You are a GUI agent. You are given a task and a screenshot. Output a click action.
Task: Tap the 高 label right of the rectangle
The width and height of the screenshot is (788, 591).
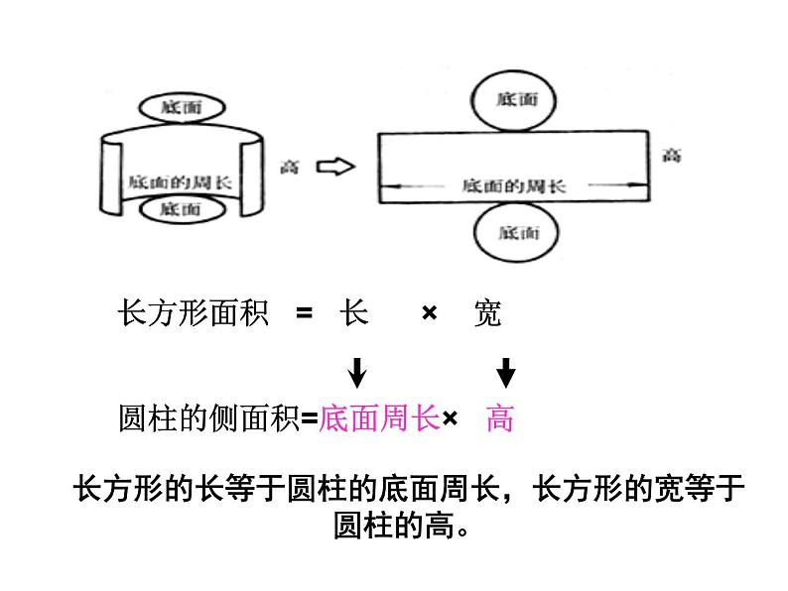672,155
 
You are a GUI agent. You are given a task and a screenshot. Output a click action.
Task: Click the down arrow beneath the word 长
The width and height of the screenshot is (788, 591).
357,373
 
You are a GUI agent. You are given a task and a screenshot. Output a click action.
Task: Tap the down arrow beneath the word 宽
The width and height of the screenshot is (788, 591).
506,373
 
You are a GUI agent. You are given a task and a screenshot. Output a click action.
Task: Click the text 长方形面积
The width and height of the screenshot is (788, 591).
193,314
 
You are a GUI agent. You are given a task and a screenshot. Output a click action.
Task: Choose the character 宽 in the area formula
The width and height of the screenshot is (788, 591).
487,314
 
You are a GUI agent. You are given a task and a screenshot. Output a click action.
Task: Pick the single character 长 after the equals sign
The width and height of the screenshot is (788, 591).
354,314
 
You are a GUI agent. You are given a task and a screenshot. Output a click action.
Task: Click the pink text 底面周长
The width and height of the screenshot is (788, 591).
379,419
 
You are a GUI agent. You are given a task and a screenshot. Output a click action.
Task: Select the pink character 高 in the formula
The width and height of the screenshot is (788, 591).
500,419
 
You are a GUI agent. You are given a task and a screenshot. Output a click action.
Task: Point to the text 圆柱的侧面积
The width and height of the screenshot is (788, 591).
208,419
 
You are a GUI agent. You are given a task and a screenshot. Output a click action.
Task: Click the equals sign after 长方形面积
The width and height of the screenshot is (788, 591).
304,314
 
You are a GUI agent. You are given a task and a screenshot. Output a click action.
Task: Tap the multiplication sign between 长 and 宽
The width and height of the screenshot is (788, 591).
430,314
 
